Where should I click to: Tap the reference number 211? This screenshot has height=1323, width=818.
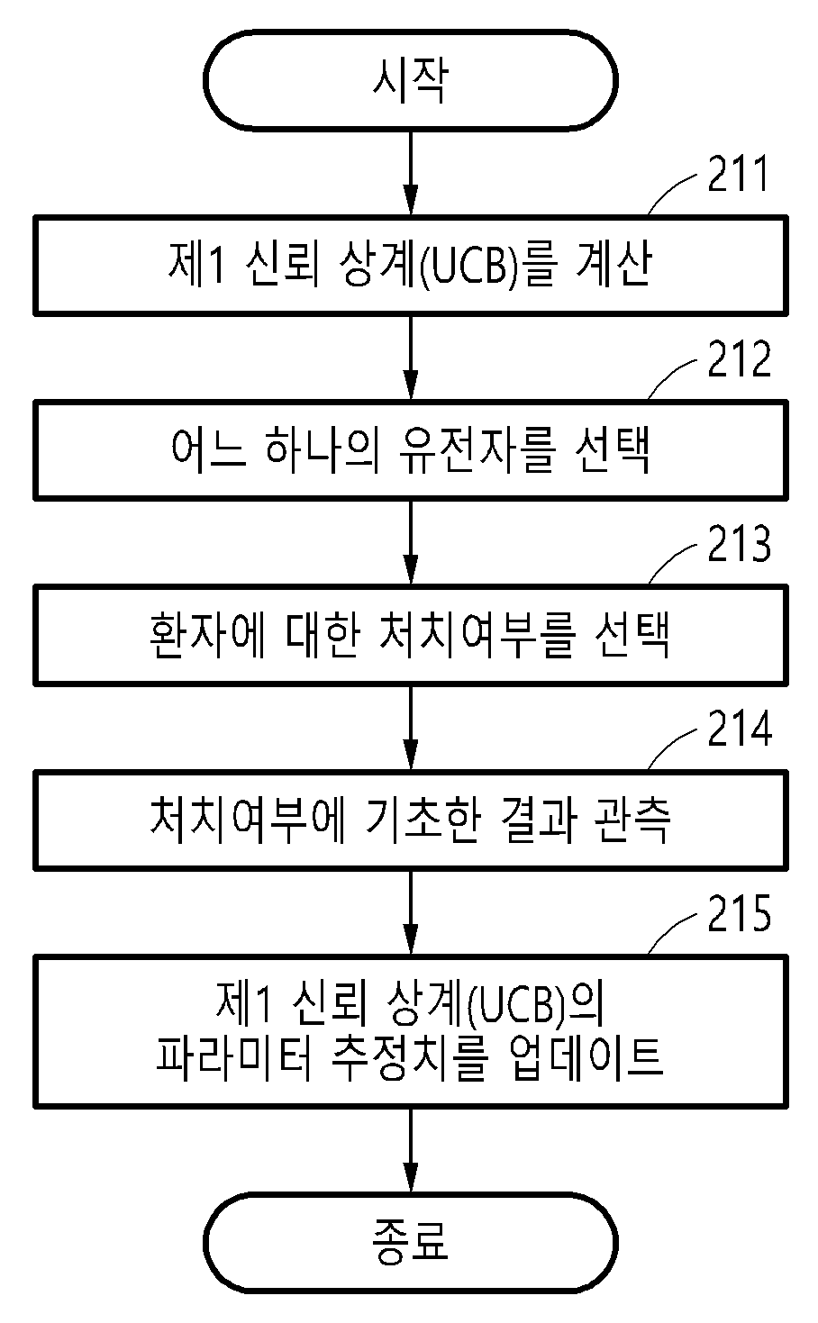point(738,174)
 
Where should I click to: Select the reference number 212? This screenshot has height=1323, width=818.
point(739,358)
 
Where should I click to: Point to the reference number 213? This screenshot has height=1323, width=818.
point(739,543)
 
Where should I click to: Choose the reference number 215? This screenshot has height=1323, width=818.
point(739,913)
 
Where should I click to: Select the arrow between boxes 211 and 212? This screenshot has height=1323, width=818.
point(410,358)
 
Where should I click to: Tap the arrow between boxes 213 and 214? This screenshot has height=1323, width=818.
point(410,728)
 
